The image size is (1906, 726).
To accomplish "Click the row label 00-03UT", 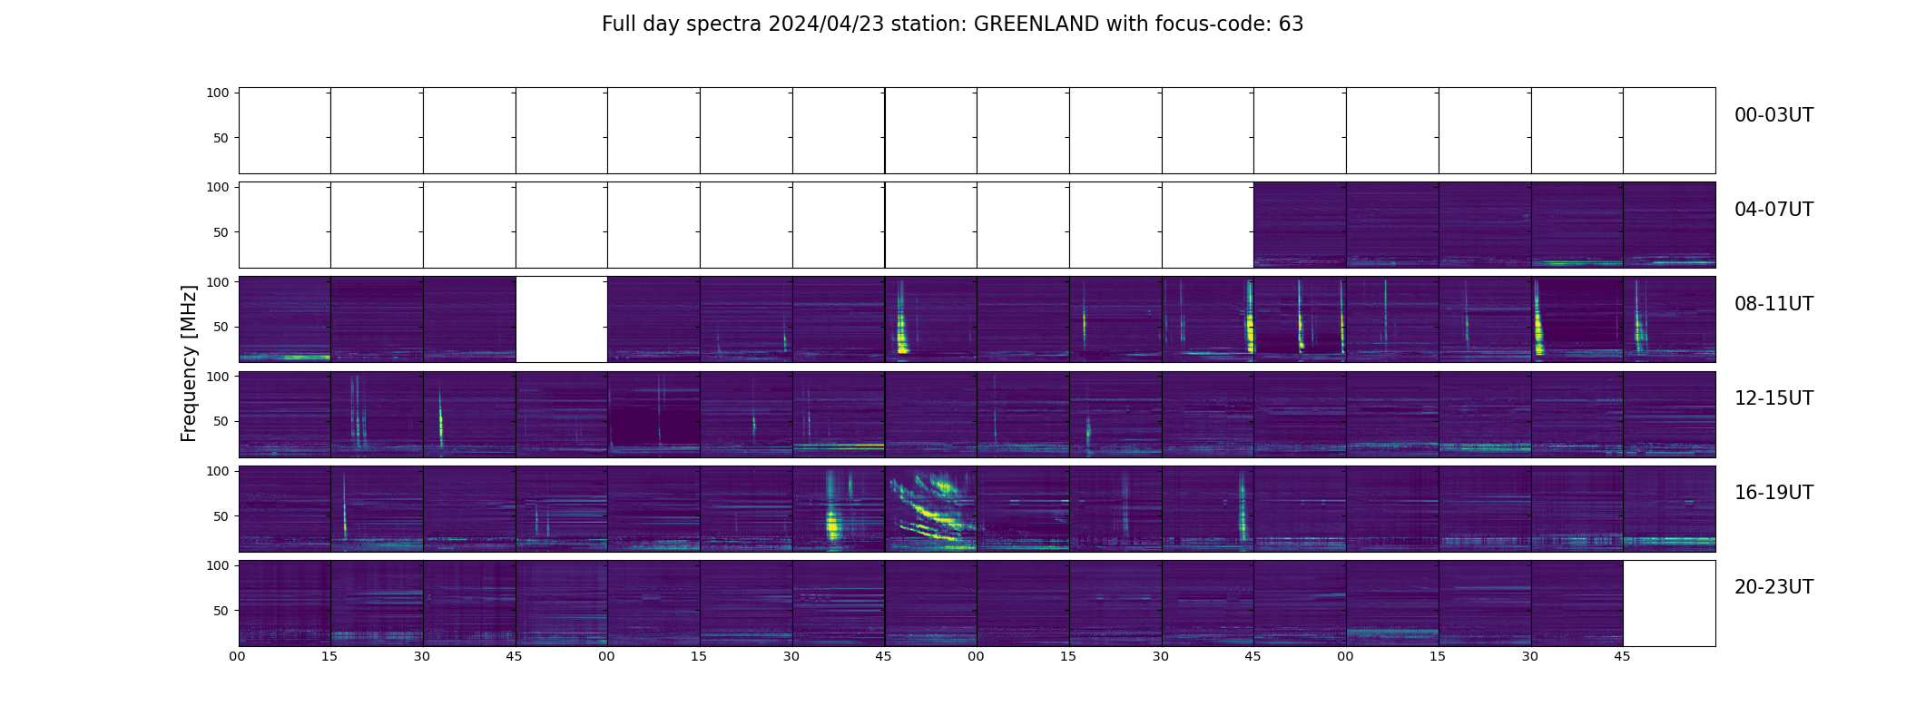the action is click(x=1773, y=115).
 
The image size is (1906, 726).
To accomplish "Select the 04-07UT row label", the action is click(x=1773, y=210).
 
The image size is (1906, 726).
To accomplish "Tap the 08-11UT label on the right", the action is click(x=1773, y=304).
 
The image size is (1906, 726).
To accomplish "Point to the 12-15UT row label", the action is click(x=1773, y=398).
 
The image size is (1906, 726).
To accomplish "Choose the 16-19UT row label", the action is click(x=1773, y=493).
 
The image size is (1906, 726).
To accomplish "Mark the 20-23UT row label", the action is click(x=1773, y=587).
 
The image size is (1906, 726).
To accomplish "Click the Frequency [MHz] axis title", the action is click(x=189, y=364).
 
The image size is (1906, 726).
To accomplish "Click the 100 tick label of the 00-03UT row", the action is click(x=217, y=93).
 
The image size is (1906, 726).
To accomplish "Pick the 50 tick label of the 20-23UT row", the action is click(x=221, y=611).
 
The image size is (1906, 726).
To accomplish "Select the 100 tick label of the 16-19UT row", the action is click(x=217, y=471).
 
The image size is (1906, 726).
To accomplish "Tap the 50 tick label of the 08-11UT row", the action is click(x=221, y=327).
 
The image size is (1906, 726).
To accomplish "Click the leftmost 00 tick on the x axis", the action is click(x=238, y=656).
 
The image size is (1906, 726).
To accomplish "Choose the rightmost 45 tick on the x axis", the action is click(x=1622, y=656).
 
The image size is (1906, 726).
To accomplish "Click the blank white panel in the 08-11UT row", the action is click(x=562, y=319).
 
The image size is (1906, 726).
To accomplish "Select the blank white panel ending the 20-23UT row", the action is click(x=1669, y=603).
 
